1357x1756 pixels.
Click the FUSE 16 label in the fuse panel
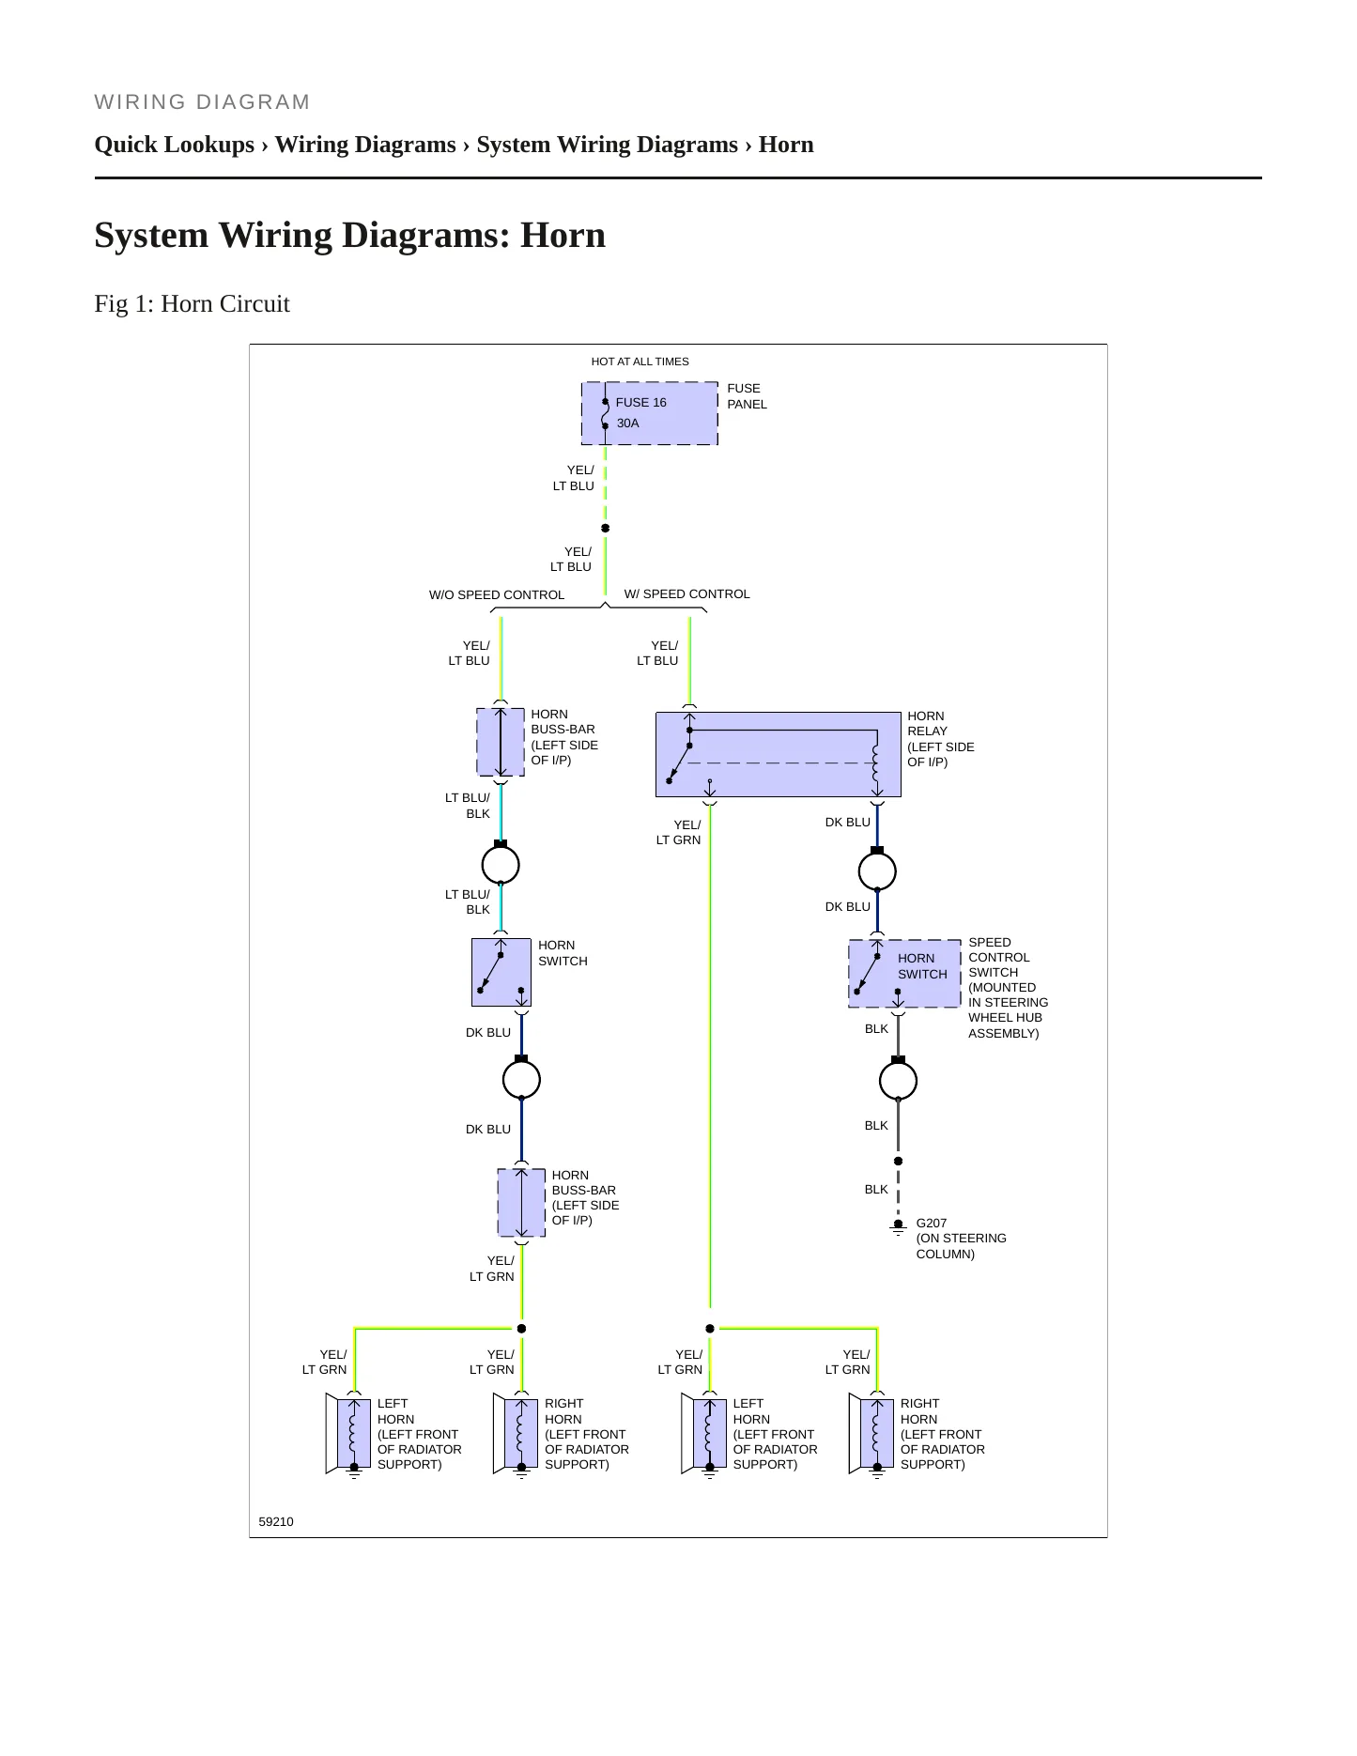click(640, 403)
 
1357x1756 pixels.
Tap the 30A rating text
click(627, 424)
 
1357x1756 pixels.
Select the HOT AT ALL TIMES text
click(640, 362)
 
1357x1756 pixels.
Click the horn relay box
click(778, 754)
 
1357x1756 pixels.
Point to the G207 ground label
click(932, 1223)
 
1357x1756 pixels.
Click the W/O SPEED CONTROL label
click(497, 595)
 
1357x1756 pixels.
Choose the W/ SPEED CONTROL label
click(687, 594)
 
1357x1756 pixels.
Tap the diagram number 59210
click(276, 1521)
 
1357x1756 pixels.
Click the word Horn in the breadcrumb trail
click(786, 145)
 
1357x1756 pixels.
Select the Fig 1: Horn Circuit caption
click(192, 304)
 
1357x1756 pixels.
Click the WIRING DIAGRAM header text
click(202, 102)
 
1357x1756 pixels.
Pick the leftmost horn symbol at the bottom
click(348, 1434)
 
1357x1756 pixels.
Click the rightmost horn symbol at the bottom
click(871, 1434)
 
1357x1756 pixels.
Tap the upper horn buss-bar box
click(501, 742)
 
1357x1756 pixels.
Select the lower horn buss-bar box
click(521, 1203)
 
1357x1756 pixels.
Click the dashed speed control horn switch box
click(904, 974)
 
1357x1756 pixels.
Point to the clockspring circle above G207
click(898, 1080)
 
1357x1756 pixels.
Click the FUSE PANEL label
click(747, 396)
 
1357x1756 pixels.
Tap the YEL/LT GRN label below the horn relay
click(678, 833)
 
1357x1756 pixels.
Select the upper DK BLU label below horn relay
click(848, 823)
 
